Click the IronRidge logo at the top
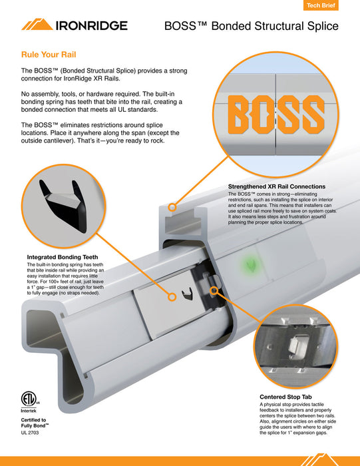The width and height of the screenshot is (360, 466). pos(73,25)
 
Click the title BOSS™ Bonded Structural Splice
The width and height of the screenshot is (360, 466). pos(251,27)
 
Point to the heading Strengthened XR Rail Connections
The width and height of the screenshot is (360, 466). pos(276,186)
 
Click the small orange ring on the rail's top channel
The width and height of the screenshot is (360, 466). pos(172,208)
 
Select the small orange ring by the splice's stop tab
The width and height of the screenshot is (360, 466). pos(214,291)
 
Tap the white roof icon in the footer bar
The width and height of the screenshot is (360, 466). pos(317,459)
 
